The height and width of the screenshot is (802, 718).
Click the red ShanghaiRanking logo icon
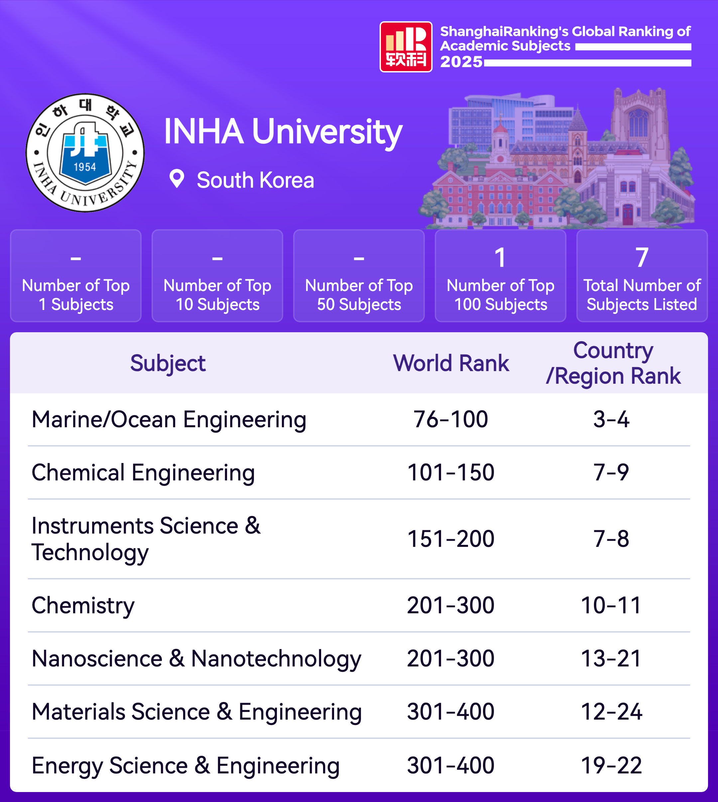406,47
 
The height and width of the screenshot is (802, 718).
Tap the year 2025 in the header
461,62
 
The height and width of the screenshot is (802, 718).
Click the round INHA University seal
85,152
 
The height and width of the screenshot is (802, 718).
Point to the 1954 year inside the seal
85,167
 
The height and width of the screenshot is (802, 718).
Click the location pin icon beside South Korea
177,179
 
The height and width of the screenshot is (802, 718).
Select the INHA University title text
283,132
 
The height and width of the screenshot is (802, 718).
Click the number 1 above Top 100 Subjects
500,257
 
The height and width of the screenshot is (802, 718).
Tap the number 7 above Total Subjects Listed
642,257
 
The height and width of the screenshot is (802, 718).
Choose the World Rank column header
451,363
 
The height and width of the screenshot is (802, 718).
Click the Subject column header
168,363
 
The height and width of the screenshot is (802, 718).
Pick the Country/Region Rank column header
613,363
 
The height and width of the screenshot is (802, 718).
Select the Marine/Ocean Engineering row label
169,419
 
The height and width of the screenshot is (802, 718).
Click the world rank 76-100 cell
450,419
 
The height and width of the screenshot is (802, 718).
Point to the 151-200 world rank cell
450,539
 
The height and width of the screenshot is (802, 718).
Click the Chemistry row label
83,605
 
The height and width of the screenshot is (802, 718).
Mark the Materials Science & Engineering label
196,712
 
